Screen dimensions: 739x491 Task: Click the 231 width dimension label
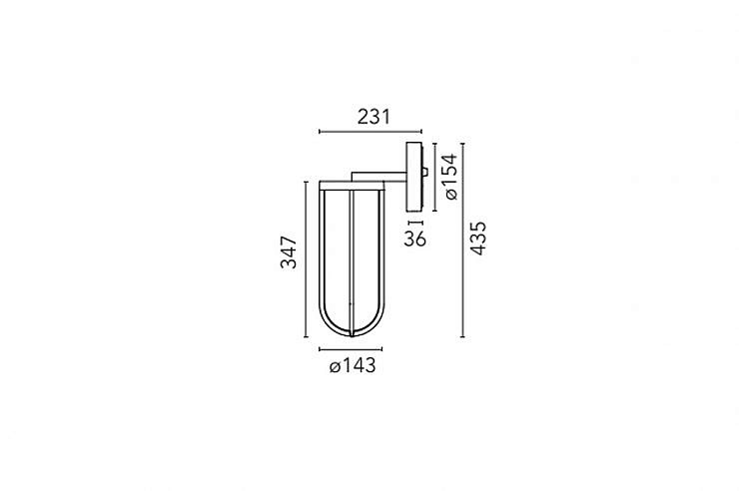(373, 117)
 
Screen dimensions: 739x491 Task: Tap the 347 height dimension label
(289, 252)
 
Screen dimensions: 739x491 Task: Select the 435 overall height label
(478, 239)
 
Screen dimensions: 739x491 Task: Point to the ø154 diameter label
(450, 177)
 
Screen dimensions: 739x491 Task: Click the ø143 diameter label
(353, 365)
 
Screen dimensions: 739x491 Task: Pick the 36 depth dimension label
(414, 239)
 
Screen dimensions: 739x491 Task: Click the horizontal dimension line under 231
(370, 132)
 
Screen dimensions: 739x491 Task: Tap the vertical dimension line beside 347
(307, 259)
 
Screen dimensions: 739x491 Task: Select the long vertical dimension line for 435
(462, 241)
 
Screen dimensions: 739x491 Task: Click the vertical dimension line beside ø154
(434, 177)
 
